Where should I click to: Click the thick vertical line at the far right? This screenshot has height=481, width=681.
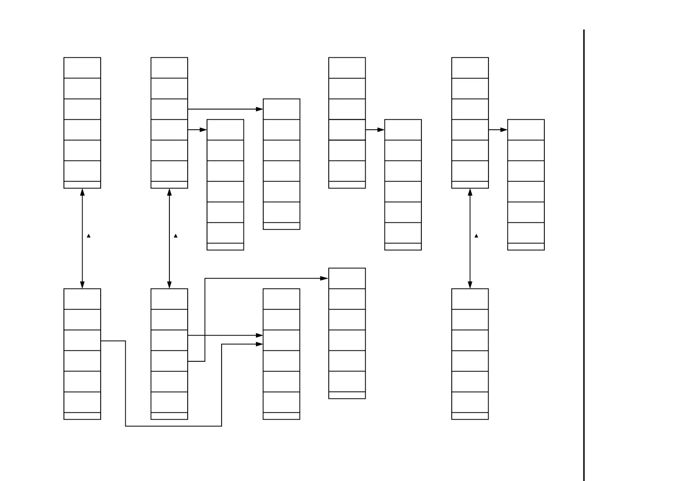(584, 255)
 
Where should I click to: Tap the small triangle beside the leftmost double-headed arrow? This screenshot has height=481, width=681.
(89, 236)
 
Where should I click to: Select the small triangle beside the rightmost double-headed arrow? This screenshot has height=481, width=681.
(476, 236)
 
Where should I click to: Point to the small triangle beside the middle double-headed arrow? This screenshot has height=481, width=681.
(176, 236)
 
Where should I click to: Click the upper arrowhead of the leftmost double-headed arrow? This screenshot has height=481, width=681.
(82, 192)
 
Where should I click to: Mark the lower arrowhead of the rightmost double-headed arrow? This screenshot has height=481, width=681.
(470, 285)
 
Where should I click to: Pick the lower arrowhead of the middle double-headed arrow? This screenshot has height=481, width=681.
(169, 285)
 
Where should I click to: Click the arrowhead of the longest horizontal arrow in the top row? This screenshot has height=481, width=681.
(260, 109)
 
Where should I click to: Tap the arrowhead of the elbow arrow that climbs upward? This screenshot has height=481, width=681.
(324, 278)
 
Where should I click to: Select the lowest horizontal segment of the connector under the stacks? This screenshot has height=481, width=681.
(173, 426)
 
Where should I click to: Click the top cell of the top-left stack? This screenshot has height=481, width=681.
(82, 68)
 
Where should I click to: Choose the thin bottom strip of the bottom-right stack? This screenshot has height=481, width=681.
(470, 416)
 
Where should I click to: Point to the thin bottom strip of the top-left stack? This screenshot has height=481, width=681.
(82, 185)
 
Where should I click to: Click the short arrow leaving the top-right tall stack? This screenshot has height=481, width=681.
(498, 130)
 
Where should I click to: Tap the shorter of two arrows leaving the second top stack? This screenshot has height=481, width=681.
(197, 130)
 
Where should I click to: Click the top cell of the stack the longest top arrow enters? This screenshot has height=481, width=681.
(281, 109)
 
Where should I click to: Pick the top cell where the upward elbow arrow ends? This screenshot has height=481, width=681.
(347, 278)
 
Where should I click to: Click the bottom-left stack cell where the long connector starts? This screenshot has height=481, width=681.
(82, 340)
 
